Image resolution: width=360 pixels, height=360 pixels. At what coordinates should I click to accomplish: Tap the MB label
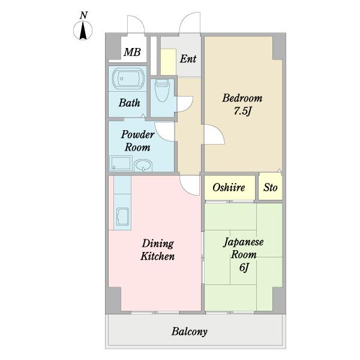click(132, 52)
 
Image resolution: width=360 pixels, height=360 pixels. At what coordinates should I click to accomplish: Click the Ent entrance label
click(188, 59)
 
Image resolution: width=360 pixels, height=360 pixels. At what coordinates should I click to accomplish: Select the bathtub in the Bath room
click(128, 79)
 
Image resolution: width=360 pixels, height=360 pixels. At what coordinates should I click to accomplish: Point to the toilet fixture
click(163, 91)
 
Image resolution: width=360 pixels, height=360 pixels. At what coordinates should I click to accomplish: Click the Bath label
click(129, 103)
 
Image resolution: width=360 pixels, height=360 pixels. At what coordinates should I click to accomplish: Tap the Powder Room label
click(137, 141)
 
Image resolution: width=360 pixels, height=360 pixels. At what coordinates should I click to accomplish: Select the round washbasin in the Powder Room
click(143, 165)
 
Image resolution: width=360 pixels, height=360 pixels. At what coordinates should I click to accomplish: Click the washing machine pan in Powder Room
click(121, 163)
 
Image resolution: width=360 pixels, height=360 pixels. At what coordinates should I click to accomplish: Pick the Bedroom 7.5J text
click(242, 104)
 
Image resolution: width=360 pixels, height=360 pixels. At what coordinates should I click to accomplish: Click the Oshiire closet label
click(229, 188)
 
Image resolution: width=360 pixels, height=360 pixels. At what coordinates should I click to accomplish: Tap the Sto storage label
click(270, 188)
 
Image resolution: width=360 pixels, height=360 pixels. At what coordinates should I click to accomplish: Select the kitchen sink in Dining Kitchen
click(122, 217)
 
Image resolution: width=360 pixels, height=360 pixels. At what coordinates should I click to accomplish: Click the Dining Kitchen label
click(157, 250)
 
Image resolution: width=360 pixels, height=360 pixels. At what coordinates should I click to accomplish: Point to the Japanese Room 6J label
click(244, 255)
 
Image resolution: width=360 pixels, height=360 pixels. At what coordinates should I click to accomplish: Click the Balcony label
click(190, 332)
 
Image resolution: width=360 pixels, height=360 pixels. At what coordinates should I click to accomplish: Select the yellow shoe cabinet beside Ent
click(168, 62)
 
